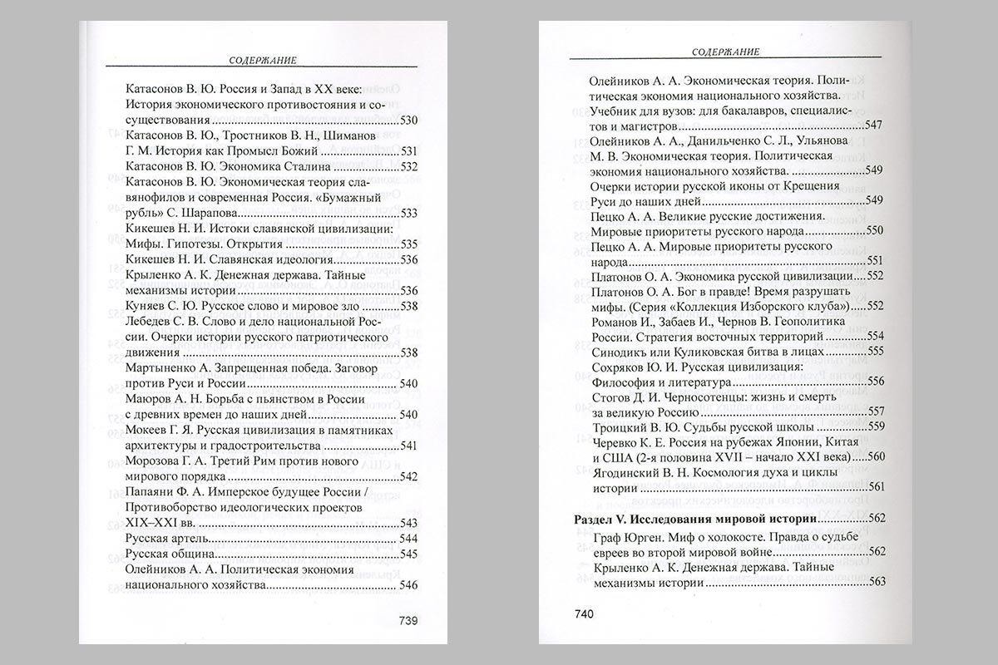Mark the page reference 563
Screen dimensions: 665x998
coord(873,583)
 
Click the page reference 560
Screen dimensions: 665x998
coord(873,457)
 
